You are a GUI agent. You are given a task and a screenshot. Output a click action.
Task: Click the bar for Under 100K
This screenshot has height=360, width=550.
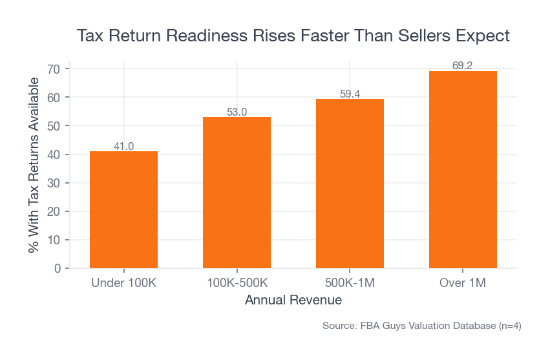point(123,209)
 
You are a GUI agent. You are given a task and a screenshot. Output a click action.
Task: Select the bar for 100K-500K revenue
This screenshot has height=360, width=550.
point(237,193)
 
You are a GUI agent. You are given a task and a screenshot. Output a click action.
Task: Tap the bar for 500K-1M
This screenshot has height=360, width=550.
point(350,184)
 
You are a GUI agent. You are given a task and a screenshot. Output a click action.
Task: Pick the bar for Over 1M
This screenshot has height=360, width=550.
point(463,169)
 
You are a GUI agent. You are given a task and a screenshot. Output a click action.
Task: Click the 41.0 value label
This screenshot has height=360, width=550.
point(123,146)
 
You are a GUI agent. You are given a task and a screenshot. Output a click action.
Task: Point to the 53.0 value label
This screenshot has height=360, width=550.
point(237,112)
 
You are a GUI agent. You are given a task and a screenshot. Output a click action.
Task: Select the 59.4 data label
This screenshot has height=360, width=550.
point(350,94)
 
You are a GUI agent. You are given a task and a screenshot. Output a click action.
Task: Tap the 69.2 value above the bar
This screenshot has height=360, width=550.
point(463,65)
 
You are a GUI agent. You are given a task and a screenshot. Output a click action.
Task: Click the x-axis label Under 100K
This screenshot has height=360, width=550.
point(123,283)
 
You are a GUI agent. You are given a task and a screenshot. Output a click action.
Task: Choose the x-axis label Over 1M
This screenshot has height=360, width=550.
point(463,283)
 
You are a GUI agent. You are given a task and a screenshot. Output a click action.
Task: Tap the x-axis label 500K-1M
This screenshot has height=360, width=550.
point(350,283)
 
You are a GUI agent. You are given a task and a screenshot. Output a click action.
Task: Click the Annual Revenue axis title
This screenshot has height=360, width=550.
point(293,301)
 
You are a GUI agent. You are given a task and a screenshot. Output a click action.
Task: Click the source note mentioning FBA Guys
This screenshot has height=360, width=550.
point(421,326)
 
